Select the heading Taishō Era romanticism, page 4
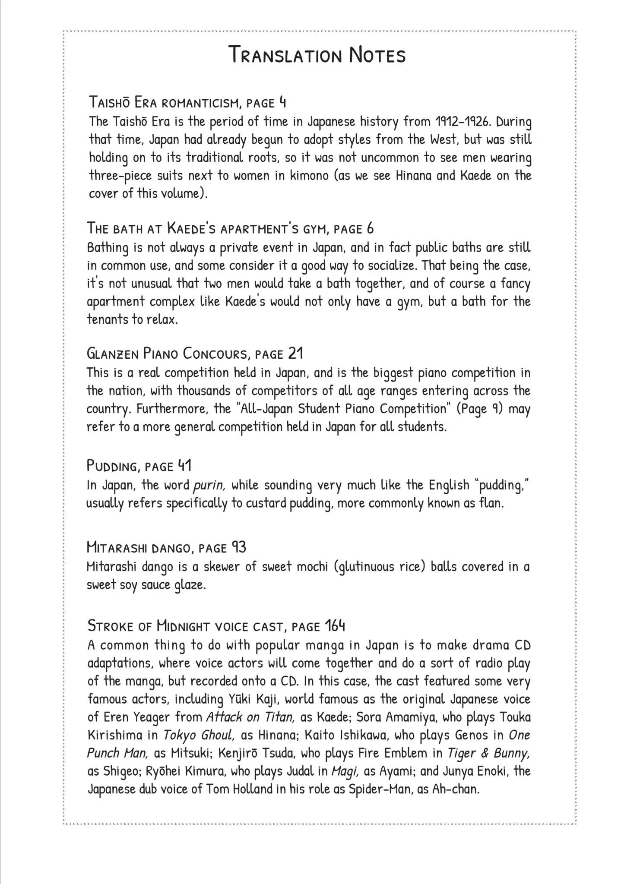187,102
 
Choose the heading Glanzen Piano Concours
195,354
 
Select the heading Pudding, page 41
139,466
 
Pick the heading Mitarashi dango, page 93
166,548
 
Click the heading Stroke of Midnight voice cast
216,625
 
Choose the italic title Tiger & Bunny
488,754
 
